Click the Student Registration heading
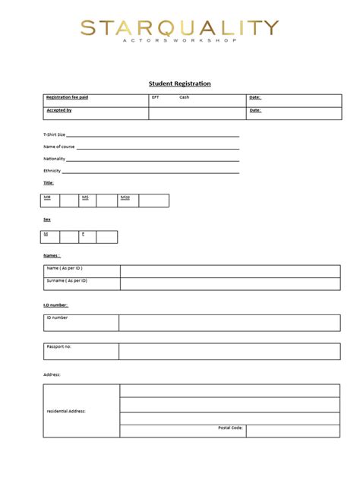179,84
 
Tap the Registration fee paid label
68,98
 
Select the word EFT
156,98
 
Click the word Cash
185,98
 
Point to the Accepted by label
59,111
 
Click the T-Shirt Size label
55,134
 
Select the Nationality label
55,159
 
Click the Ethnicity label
52,171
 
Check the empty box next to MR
69,201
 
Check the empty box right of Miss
153,201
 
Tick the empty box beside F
107,237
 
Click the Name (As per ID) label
65,269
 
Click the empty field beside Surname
229,283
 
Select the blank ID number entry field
229,323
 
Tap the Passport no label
59,346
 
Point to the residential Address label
66,412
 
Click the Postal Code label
230,428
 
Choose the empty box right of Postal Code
292,431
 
